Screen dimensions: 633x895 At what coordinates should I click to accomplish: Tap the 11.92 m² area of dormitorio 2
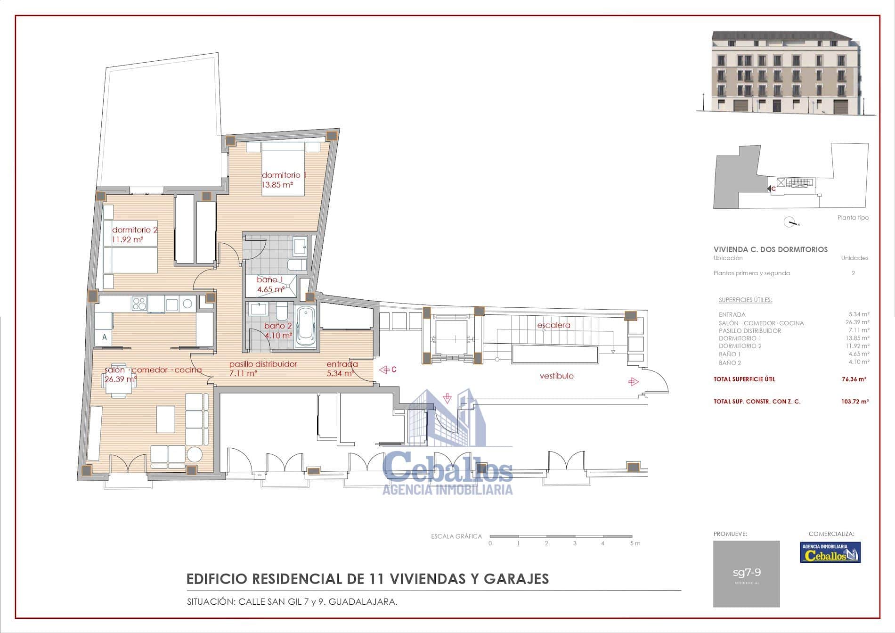point(127,239)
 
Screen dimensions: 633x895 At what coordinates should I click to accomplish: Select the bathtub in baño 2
point(306,327)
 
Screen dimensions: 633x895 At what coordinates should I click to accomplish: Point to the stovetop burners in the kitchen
point(139,304)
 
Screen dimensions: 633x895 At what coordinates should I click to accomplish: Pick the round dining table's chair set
point(120,380)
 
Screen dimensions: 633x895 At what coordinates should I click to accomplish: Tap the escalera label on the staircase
point(553,325)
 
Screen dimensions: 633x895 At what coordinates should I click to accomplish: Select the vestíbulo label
point(556,376)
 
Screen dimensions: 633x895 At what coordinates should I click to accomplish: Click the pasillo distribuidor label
point(263,364)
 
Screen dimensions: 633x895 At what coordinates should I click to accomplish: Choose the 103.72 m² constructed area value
point(855,402)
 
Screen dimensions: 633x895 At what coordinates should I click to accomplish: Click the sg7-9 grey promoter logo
point(746,574)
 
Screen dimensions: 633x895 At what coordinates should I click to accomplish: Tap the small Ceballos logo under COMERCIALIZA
point(830,552)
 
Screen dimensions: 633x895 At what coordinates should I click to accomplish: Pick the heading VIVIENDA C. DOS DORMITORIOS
point(770,249)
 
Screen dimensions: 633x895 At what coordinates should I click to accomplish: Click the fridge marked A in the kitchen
point(104,337)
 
